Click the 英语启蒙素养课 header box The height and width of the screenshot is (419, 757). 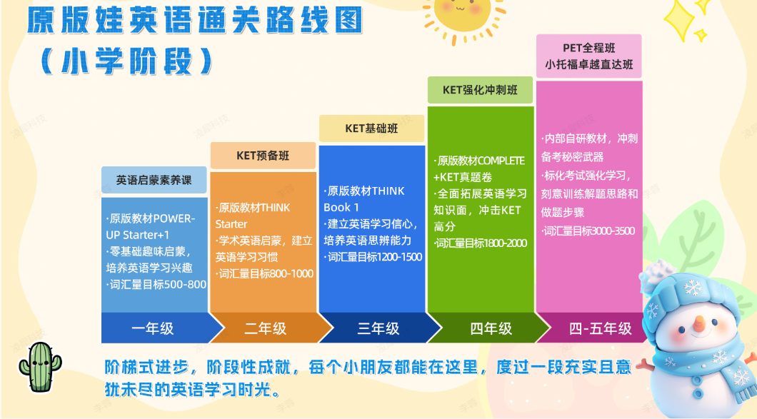point(154,180)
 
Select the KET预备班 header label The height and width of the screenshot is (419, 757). point(263,156)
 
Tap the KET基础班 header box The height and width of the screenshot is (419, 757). point(372,128)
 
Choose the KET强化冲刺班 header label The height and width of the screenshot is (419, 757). point(481,90)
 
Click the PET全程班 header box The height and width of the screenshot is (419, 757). point(589,56)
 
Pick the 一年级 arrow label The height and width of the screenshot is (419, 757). point(153,328)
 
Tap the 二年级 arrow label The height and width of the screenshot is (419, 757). point(266,328)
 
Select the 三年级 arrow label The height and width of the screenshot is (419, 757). point(378,328)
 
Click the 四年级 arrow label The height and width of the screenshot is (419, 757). point(491,328)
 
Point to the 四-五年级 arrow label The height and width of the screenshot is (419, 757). point(600,328)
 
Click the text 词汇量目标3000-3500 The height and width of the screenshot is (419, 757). point(589,231)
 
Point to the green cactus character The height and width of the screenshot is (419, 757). point(40,367)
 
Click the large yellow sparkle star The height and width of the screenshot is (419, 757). point(679,20)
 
